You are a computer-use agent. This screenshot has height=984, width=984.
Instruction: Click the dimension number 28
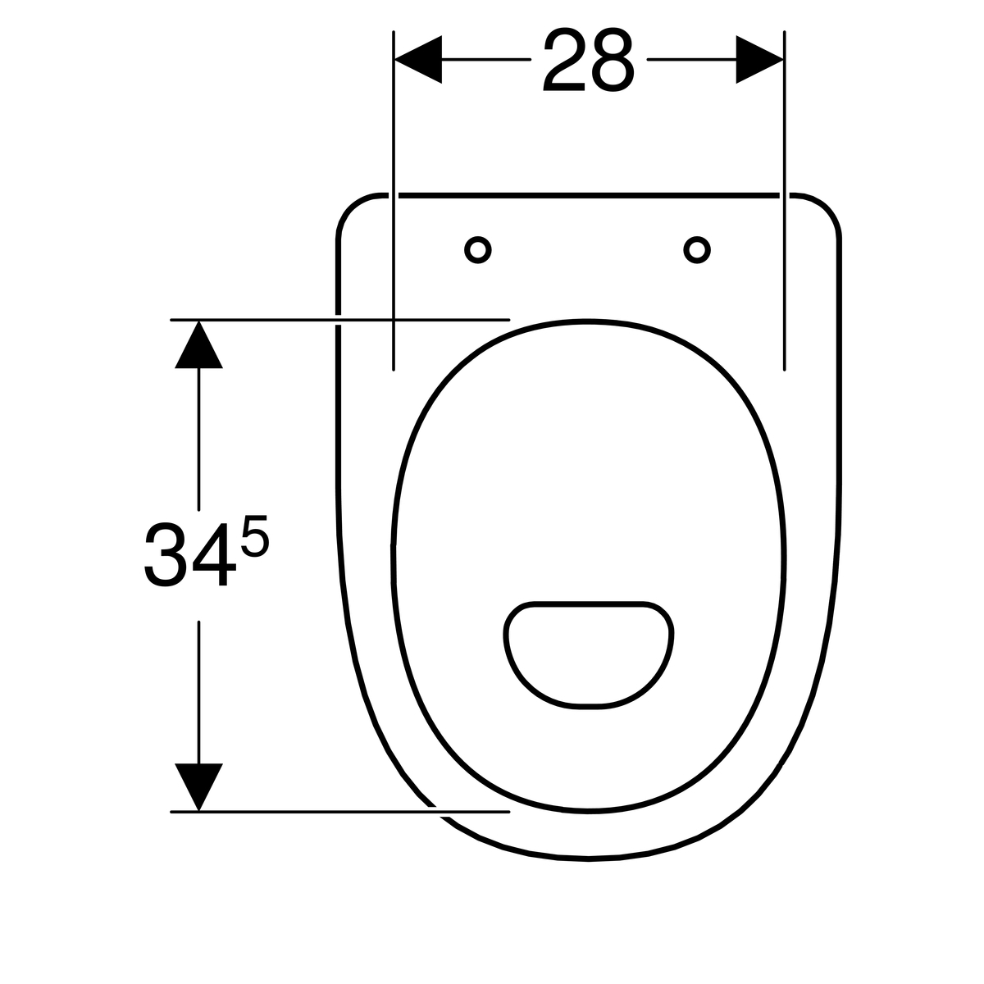(x=588, y=61)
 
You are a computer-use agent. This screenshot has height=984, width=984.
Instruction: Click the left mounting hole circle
(x=478, y=250)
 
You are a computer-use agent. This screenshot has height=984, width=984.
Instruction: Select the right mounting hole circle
(x=697, y=250)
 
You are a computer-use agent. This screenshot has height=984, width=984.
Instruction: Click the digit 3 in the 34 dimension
(x=162, y=558)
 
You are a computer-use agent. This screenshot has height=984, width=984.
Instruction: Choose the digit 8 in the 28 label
(x=613, y=61)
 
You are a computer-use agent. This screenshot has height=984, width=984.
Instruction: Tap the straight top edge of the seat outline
(x=589, y=195)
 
